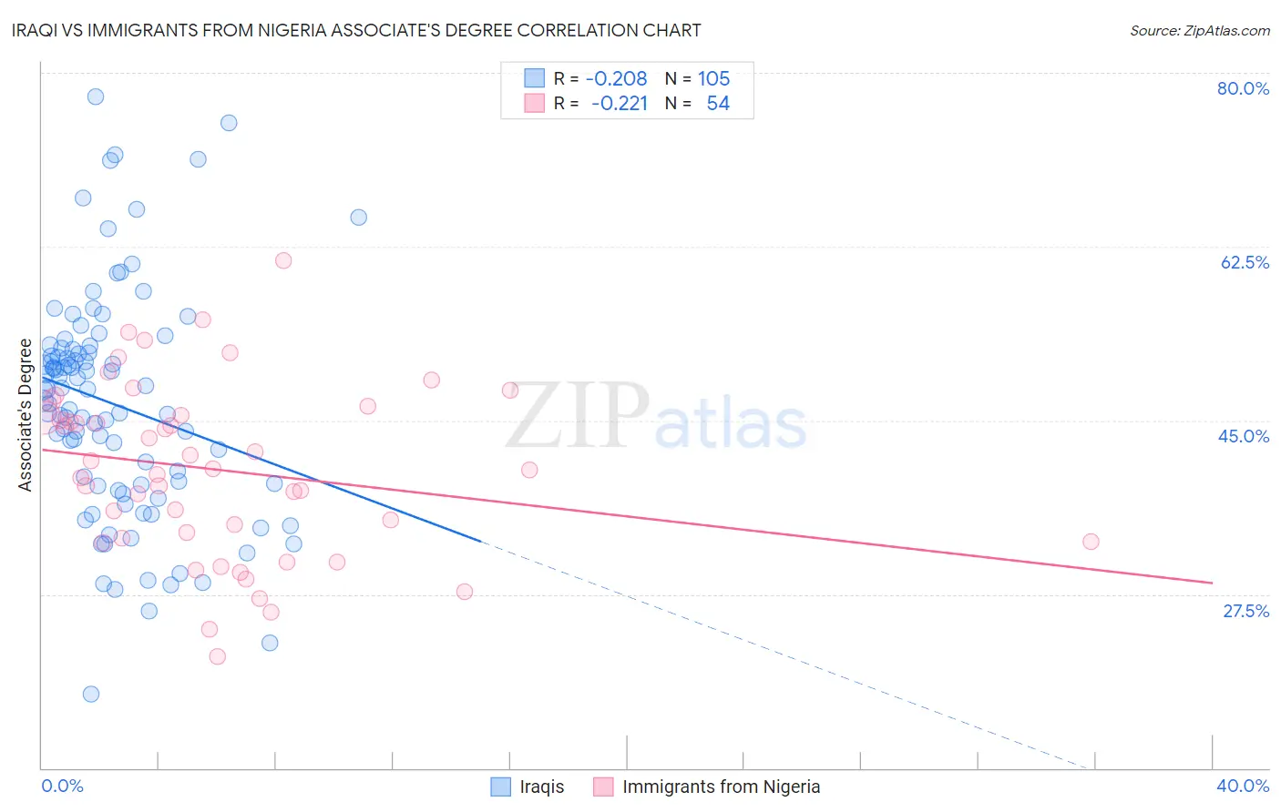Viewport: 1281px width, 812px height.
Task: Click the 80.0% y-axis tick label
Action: (x=1243, y=88)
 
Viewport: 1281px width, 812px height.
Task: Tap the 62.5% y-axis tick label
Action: (x=1245, y=262)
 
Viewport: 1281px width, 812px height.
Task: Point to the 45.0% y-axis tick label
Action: (x=1244, y=436)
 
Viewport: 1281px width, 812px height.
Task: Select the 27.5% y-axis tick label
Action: (x=1245, y=611)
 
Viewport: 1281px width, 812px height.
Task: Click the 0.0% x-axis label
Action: (x=63, y=786)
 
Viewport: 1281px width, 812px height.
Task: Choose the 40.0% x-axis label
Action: (x=1242, y=786)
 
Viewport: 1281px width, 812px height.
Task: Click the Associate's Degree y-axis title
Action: (x=26, y=414)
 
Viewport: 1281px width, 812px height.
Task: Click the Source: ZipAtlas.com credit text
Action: (x=1199, y=30)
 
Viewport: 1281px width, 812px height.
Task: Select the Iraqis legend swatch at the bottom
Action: (x=500, y=787)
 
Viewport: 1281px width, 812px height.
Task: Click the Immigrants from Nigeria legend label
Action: (x=721, y=787)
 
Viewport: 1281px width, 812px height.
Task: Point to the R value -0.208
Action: (x=616, y=78)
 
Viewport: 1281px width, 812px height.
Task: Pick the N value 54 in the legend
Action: (x=718, y=103)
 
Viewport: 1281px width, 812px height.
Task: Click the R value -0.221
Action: (x=619, y=103)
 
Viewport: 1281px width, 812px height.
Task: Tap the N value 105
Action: (x=713, y=78)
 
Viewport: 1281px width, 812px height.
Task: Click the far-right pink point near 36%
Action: (x=1091, y=542)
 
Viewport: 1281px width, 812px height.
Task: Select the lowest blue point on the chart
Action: (x=91, y=694)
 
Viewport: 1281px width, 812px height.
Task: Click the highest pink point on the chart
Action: (x=283, y=260)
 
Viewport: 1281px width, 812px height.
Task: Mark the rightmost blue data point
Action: (x=359, y=218)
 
